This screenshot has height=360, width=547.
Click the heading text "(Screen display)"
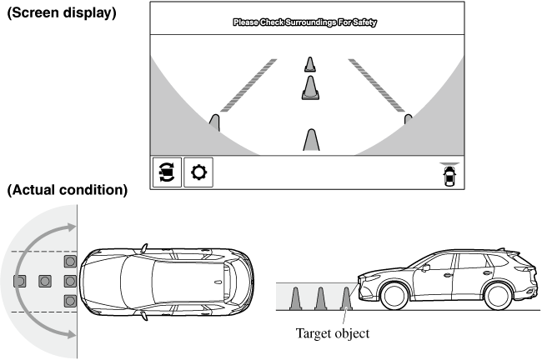pyautogui.click(x=62, y=14)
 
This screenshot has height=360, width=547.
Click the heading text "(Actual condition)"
pyautogui.click(x=67, y=190)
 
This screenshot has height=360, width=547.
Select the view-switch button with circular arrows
pyautogui.click(x=166, y=172)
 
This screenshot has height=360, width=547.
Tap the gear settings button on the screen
pyautogui.click(x=198, y=172)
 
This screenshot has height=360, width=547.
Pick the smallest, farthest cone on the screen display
pyautogui.click(x=310, y=63)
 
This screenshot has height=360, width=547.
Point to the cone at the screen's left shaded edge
pyautogui.click(x=214, y=123)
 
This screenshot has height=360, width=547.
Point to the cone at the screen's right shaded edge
pyautogui.click(x=408, y=120)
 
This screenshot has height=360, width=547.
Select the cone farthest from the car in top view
pyautogui.click(x=20, y=281)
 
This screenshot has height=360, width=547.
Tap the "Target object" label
pyautogui.click(x=332, y=333)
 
